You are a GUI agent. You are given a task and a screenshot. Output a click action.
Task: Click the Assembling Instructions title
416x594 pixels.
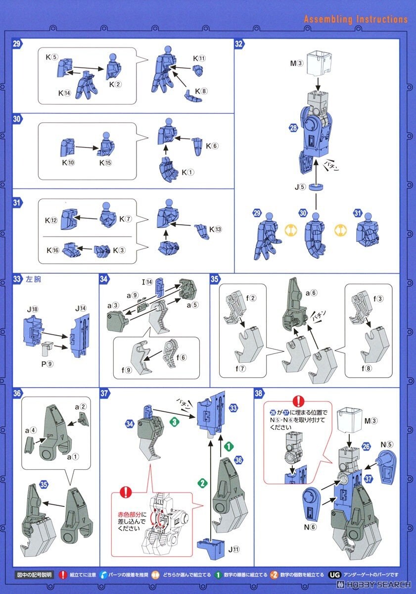(x=356, y=19)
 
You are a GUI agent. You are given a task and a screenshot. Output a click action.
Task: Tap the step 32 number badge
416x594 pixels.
(x=239, y=44)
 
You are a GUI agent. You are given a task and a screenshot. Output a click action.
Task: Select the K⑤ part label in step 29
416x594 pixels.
(x=52, y=57)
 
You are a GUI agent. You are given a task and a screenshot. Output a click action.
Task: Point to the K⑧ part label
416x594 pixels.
(x=200, y=92)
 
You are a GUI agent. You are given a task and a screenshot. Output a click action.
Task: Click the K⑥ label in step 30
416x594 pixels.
(x=212, y=146)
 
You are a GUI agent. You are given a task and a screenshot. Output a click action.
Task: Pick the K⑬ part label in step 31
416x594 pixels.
(x=215, y=229)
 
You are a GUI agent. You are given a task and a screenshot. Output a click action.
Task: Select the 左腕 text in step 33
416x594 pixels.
(x=34, y=280)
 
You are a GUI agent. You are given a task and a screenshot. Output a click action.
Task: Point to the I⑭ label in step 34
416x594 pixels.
(x=147, y=282)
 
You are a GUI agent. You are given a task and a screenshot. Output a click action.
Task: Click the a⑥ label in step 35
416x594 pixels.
(x=311, y=293)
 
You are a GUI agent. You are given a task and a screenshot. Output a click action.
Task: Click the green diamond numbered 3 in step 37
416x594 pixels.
(x=174, y=422)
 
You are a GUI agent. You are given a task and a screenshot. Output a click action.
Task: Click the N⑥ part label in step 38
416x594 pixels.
(x=310, y=527)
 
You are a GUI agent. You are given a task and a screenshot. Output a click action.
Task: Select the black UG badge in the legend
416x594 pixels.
(x=333, y=575)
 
